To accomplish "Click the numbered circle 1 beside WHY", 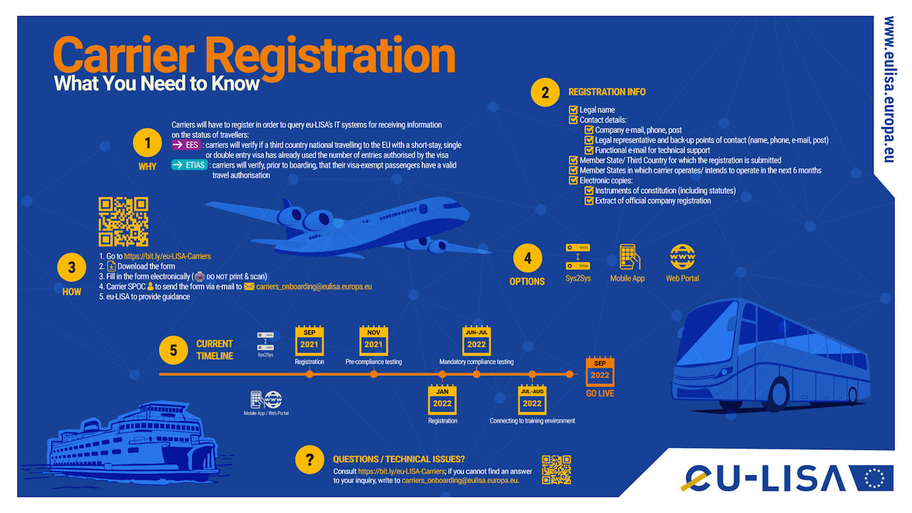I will tap(147, 142).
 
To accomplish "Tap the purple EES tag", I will tap(186, 145).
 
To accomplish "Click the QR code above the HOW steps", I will tap(123, 222).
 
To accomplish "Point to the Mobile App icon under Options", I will tap(629, 256).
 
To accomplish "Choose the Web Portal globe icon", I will tap(682, 256).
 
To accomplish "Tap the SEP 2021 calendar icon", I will tap(309, 341).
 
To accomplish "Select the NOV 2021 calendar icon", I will tap(373, 341).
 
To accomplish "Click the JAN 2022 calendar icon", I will tap(442, 399).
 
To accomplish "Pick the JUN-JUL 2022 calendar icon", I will tap(476, 341).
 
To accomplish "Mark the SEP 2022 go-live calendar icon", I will tap(600, 371).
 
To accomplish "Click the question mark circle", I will tap(309, 459).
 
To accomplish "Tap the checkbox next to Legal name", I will tap(573, 110).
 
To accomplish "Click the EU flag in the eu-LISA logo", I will tap(874, 478).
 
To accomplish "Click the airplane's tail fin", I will tap(285, 207).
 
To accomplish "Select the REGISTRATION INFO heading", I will tap(607, 92).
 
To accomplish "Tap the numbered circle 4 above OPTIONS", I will tap(527, 258).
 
